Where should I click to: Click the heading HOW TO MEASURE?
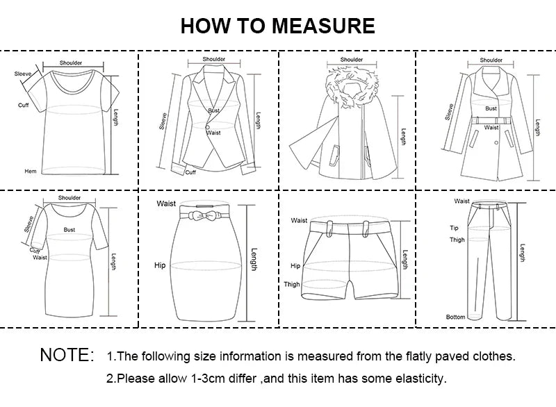tap(277, 26)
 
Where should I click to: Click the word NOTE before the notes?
tap(67, 356)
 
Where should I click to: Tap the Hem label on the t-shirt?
tap(31, 171)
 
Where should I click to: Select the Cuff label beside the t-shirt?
tap(23, 105)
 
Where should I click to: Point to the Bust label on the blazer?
tap(214, 111)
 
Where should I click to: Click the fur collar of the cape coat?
tap(352, 81)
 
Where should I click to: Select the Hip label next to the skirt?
tap(160, 265)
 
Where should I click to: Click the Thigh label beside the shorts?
tap(292, 284)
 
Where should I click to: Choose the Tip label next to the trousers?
tap(454, 227)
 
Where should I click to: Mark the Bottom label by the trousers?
tap(456, 317)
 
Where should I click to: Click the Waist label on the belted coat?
tap(491, 128)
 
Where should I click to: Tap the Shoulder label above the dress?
tap(69, 198)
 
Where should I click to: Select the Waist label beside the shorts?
tap(299, 220)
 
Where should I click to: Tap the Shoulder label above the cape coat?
tap(352, 60)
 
